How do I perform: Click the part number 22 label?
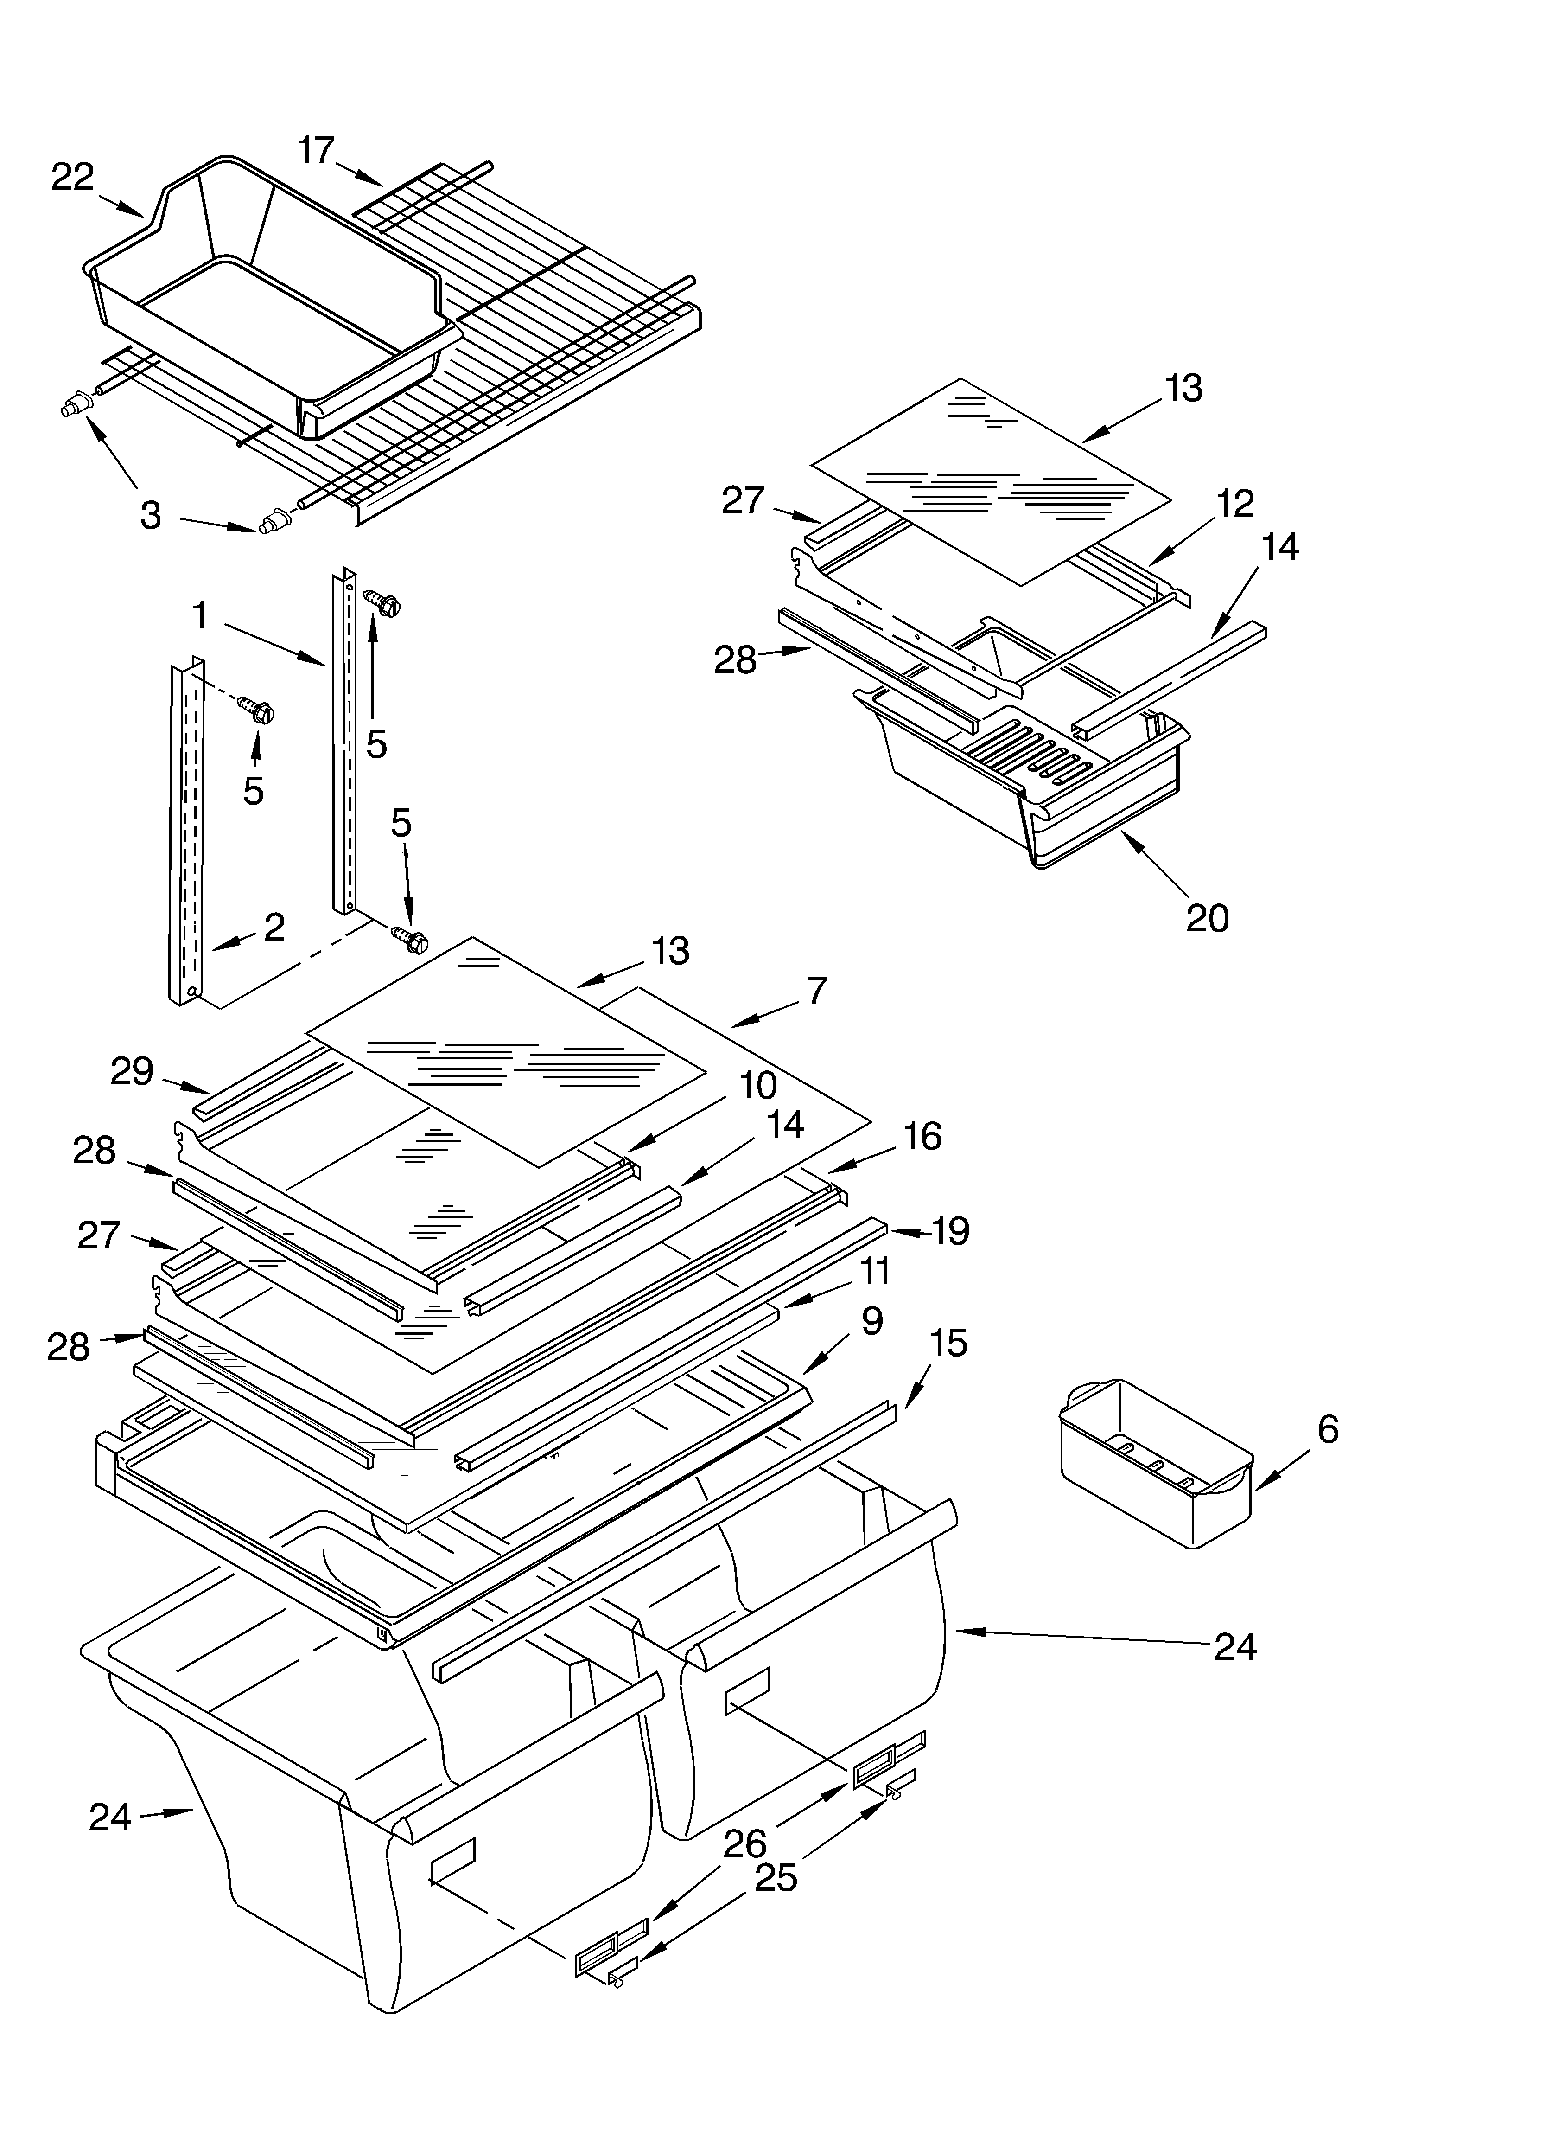[73, 177]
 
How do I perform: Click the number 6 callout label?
[1327, 1429]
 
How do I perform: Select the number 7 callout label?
[817, 991]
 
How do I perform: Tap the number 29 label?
[131, 1071]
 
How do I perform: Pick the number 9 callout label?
[871, 1321]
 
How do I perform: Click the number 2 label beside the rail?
[274, 927]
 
